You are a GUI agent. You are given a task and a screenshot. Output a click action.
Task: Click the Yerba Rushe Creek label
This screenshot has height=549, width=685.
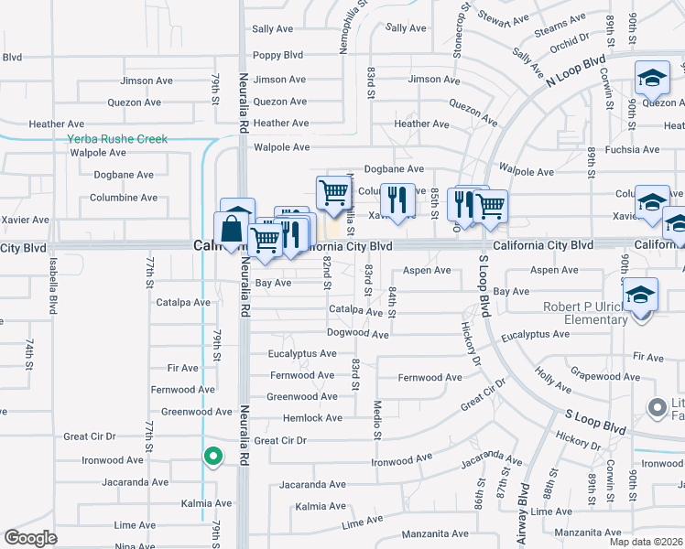click(x=117, y=139)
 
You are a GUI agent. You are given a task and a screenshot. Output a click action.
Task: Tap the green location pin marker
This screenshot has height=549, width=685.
click(x=212, y=454)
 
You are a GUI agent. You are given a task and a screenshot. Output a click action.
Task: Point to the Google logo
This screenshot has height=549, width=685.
click(x=30, y=538)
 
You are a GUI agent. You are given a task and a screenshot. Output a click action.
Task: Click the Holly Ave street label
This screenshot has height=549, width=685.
click(x=553, y=375)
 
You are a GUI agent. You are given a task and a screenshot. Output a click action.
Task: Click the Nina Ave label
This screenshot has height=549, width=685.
click(x=136, y=546)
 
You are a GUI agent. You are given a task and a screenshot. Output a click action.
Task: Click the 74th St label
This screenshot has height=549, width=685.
click(x=29, y=350)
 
